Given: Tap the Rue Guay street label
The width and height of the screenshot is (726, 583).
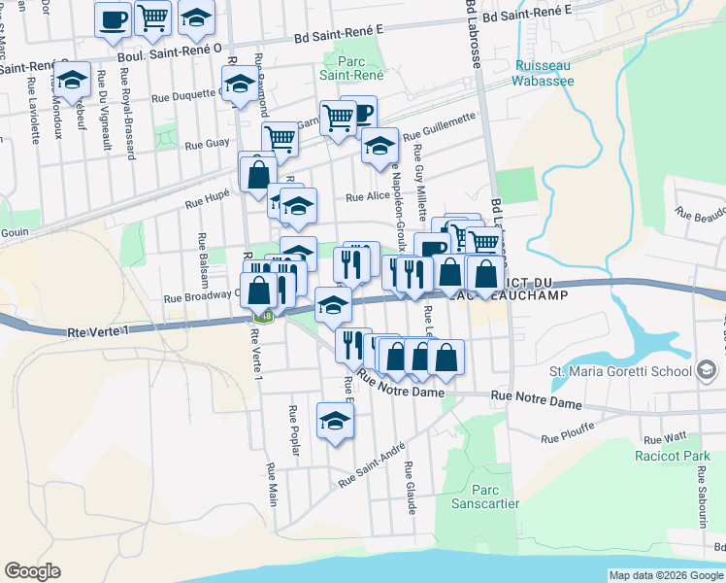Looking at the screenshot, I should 206,145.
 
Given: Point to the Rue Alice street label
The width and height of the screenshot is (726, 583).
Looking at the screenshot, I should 368,196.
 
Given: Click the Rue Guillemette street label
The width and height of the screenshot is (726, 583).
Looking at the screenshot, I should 440,126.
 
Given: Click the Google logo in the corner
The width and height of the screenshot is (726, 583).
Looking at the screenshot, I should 32,571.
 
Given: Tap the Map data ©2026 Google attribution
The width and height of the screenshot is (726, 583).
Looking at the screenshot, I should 665,575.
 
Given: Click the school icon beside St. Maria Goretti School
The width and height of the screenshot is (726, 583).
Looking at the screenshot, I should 707,370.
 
